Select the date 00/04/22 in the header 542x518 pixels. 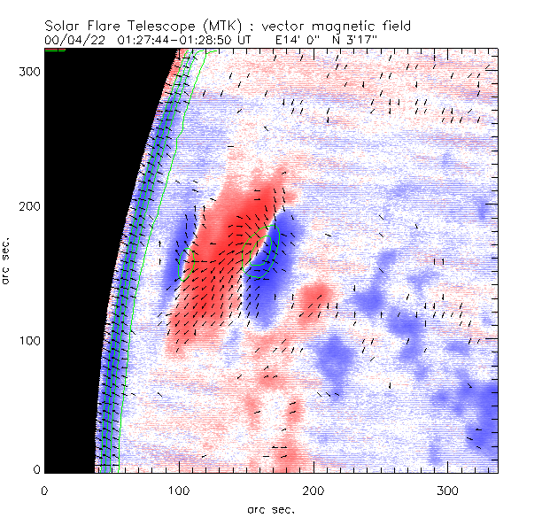tap(74, 40)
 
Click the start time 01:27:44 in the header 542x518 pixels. tap(148, 40)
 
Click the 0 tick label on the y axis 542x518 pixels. tap(36, 469)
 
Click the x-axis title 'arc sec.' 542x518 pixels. tap(272, 509)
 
